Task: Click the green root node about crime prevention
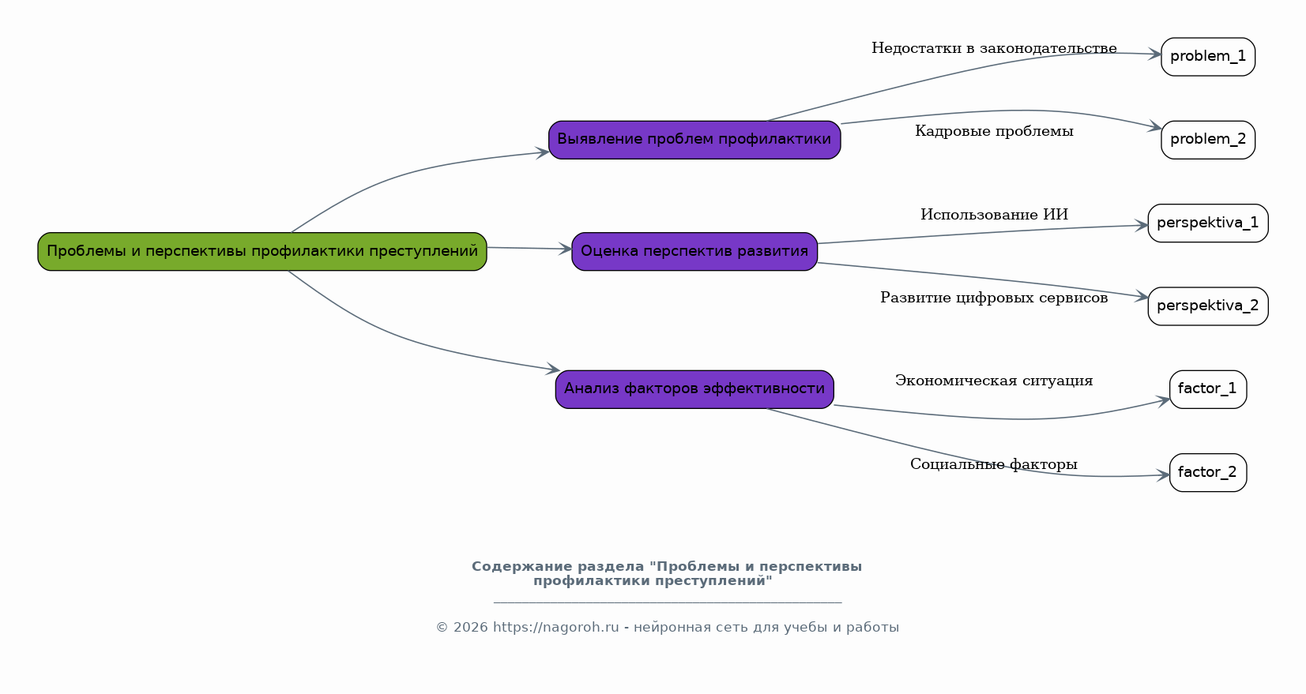pyautogui.click(x=262, y=252)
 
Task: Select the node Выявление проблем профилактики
pyautogui.click(x=694, y=140)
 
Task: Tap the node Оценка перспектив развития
pyautogui.click(x=694, y=252)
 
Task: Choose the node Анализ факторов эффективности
pyautogui.click(x=694, y=389)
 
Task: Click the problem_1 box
pyautogui.click(x=1208, y=57)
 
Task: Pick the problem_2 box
pyautogui.click(x=1208, y=140)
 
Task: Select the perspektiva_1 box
pyautogui.click(x=1208, y=223)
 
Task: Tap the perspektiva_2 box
pyautogui.click(x=1208, y=306)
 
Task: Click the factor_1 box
pyautogui.click(x=1208, y=389)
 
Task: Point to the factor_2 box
pyautogui.click(x=1208, y=473)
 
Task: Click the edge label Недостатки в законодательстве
pyautogui.click(x=994, y=49)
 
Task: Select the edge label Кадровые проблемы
pyautogui.click(x=994, y=132)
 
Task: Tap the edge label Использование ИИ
pyautogui.click(x=994, y=215)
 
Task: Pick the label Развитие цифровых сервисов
pyautogui.click(x=994, y=298)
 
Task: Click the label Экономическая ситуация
pyautogui.click(x=994, y=381)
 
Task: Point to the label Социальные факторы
pyautogui.click(x=994, y=465)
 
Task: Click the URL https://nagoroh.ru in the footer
pyautogui.click(x=556, y=628)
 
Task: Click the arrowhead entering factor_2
pyautogui.click(x=1164, y=475)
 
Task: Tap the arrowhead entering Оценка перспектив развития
pyautogui.click(x=566, y=249)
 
